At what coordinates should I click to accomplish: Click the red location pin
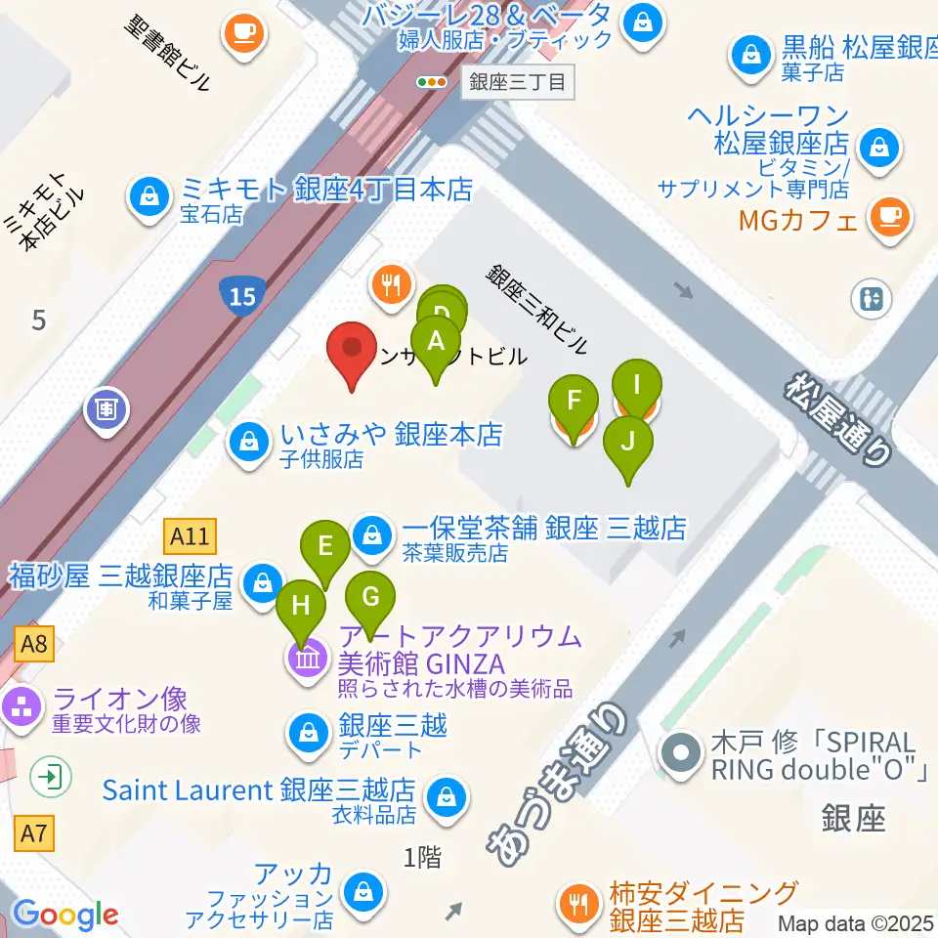point(355,352)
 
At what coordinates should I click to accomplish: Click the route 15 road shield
point(241,295)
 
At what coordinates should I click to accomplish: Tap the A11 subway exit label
point(190,536)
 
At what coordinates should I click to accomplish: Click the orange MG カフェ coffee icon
point(889,216)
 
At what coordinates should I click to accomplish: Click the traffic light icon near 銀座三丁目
point(430,82)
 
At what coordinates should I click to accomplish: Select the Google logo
point(65,915)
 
